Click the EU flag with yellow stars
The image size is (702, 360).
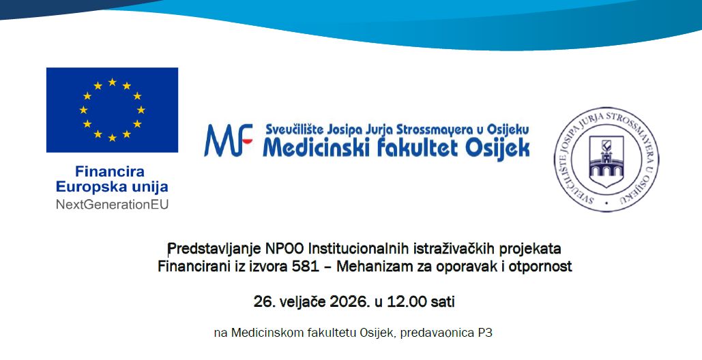(x=112, y=110)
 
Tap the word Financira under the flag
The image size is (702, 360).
(x=110, y=172)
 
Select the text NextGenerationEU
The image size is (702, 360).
(x=112, y=203)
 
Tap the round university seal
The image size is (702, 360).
(x=601, y=158)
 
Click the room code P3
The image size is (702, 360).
(x=484, y=333)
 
